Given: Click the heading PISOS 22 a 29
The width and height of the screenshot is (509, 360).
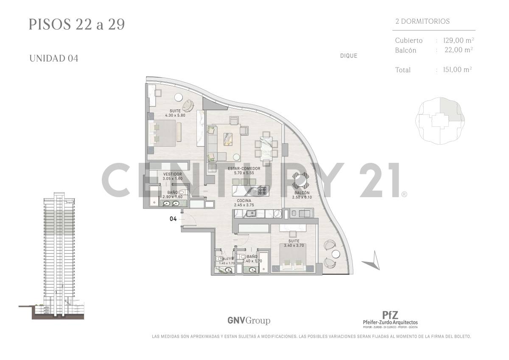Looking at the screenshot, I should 77,24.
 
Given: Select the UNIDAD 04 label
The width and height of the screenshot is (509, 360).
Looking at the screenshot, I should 53,59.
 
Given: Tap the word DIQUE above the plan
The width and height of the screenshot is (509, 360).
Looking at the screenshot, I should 348,56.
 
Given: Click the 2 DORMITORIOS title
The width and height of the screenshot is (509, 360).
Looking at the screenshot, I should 422,21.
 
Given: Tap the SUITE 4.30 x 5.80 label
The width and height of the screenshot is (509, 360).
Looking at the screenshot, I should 174,113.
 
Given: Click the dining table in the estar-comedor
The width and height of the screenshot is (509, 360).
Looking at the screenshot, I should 266,148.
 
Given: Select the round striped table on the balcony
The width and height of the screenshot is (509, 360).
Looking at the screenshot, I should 302,181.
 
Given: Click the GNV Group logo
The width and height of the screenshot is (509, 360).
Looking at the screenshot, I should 249,321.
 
